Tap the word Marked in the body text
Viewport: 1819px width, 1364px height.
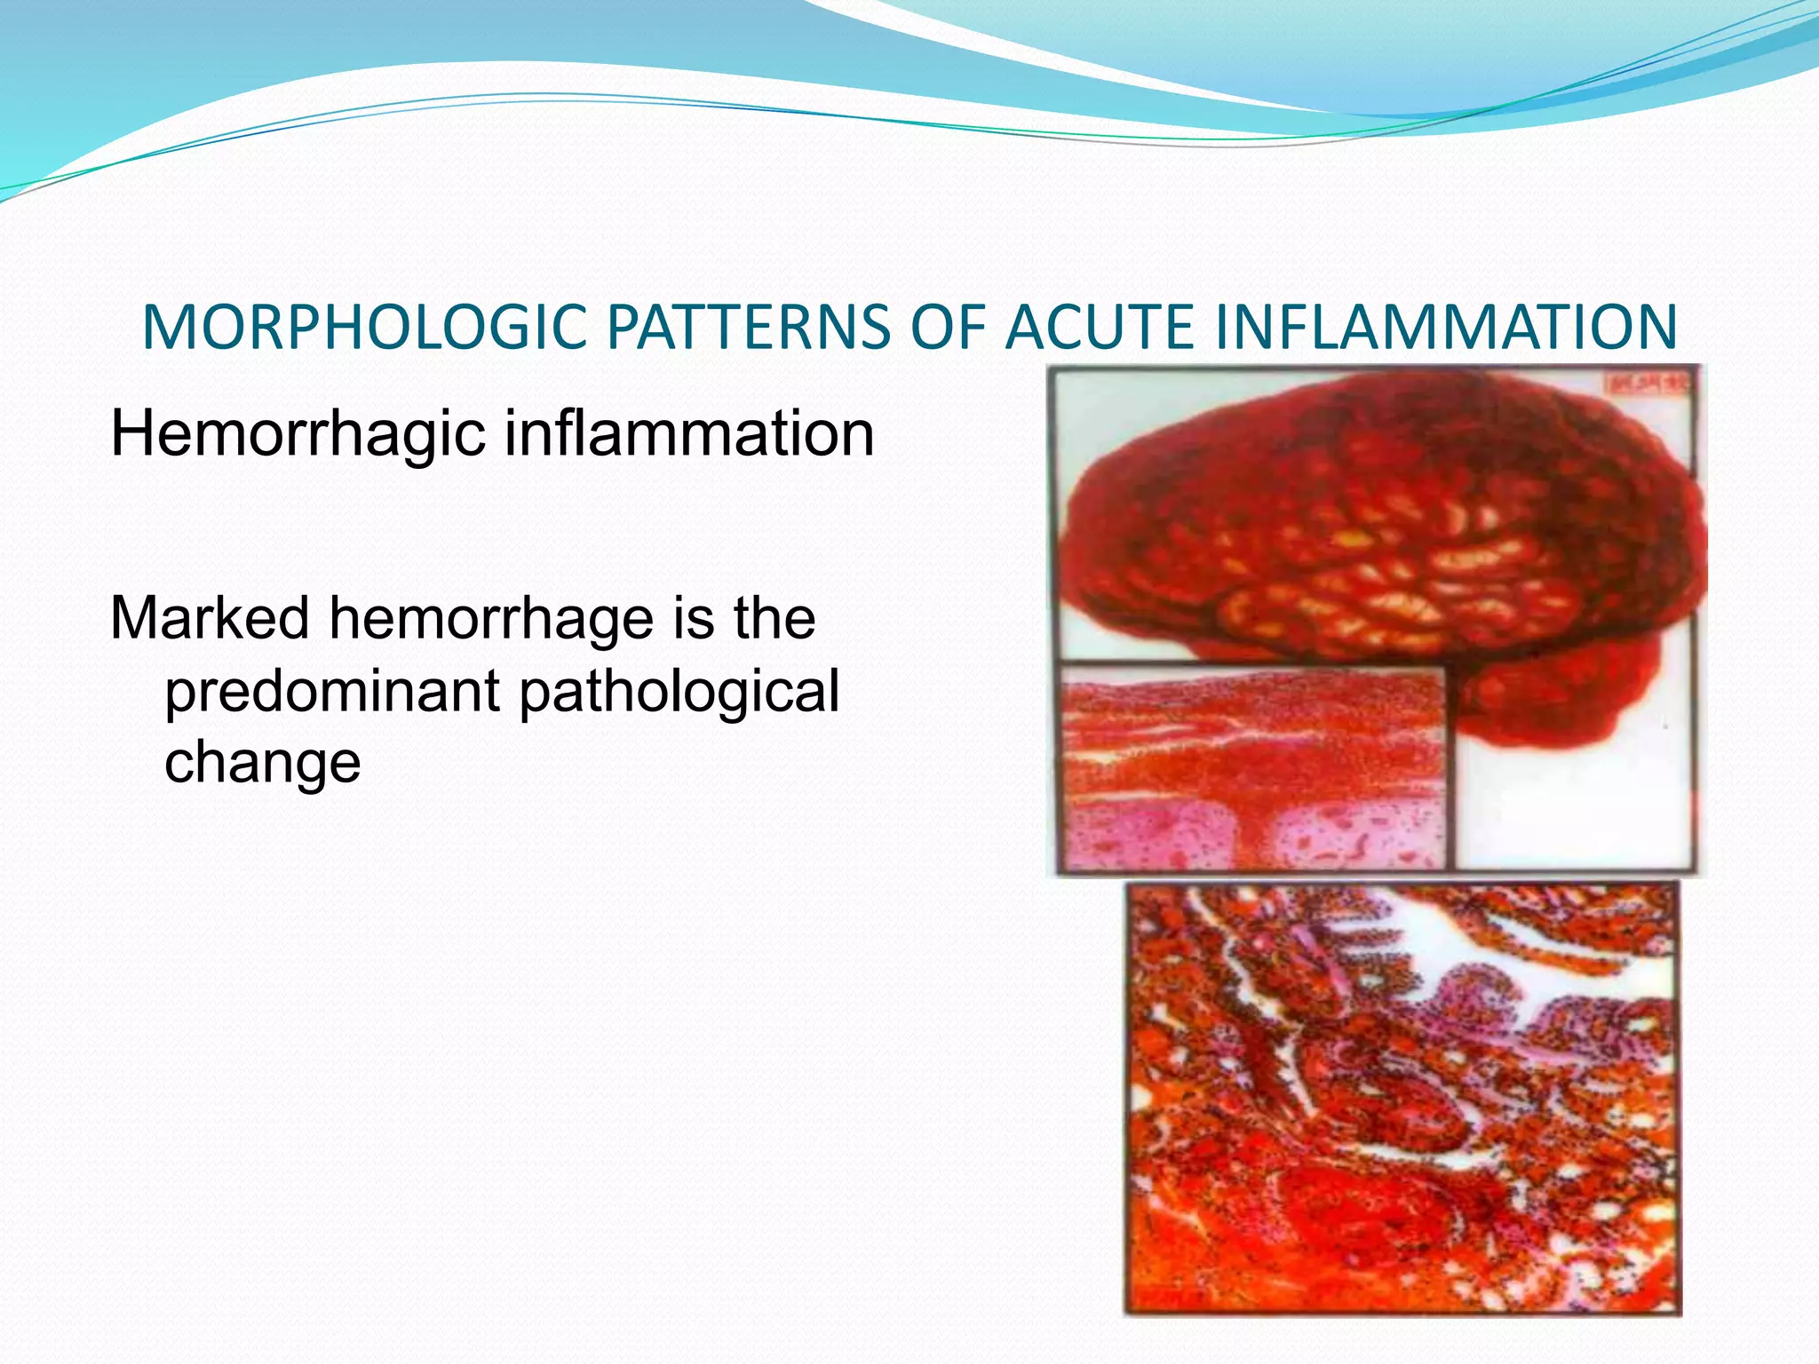tap(210, 618)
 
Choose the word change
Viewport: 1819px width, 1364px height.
tap(262, 762)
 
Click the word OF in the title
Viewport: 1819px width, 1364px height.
tap(947, 328)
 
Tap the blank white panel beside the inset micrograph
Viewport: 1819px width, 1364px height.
tap(1572, 808)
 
